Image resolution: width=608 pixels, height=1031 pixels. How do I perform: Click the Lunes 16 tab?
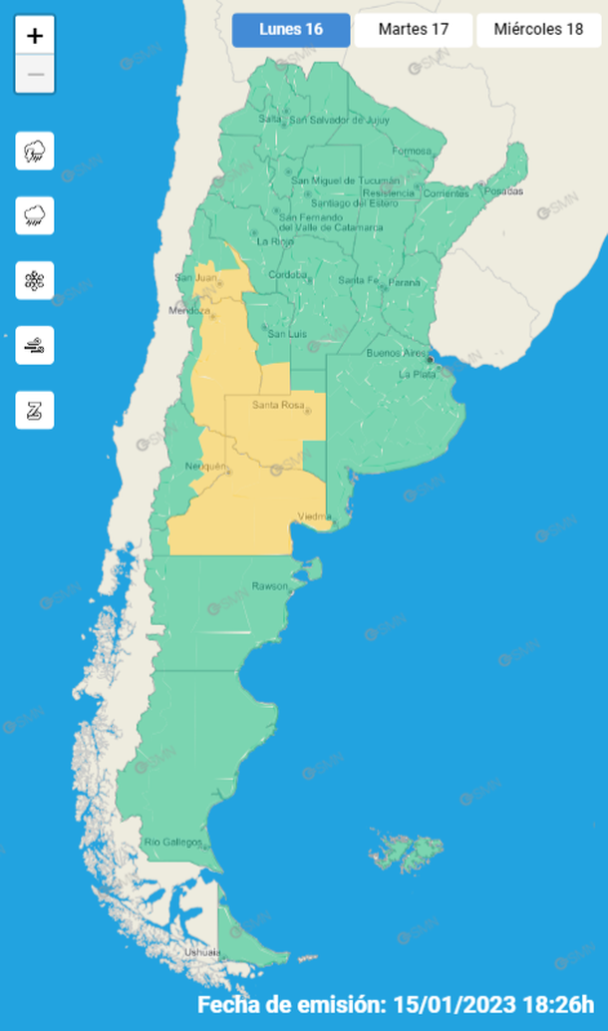[291, 30]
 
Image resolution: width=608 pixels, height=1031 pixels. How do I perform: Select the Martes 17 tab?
[413, 30]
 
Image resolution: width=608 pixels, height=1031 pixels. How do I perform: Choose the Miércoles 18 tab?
[539, 30]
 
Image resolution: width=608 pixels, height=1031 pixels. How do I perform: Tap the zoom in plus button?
[35, 36]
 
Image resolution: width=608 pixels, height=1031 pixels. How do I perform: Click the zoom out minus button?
[35, 75]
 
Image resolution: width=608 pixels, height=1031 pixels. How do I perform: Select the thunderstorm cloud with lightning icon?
[35, 152]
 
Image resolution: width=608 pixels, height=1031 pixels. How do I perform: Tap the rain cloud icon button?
[35, 215]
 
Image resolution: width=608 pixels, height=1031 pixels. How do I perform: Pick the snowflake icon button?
[35, 280]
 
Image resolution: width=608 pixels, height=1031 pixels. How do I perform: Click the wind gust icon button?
[35, 346]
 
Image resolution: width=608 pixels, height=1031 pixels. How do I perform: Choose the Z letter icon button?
[35, 410]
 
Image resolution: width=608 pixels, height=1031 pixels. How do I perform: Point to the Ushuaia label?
[203, 953]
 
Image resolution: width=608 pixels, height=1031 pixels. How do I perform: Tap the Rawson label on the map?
[269, 585]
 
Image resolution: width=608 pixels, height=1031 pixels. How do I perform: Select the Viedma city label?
[315, 515]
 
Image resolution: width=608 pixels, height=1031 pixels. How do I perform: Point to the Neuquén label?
[205, 467]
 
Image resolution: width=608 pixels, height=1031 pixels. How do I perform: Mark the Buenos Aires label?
[396, 353]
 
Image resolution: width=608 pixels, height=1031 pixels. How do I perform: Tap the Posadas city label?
[503, 190]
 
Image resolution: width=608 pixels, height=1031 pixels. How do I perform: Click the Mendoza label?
[190, 311]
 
